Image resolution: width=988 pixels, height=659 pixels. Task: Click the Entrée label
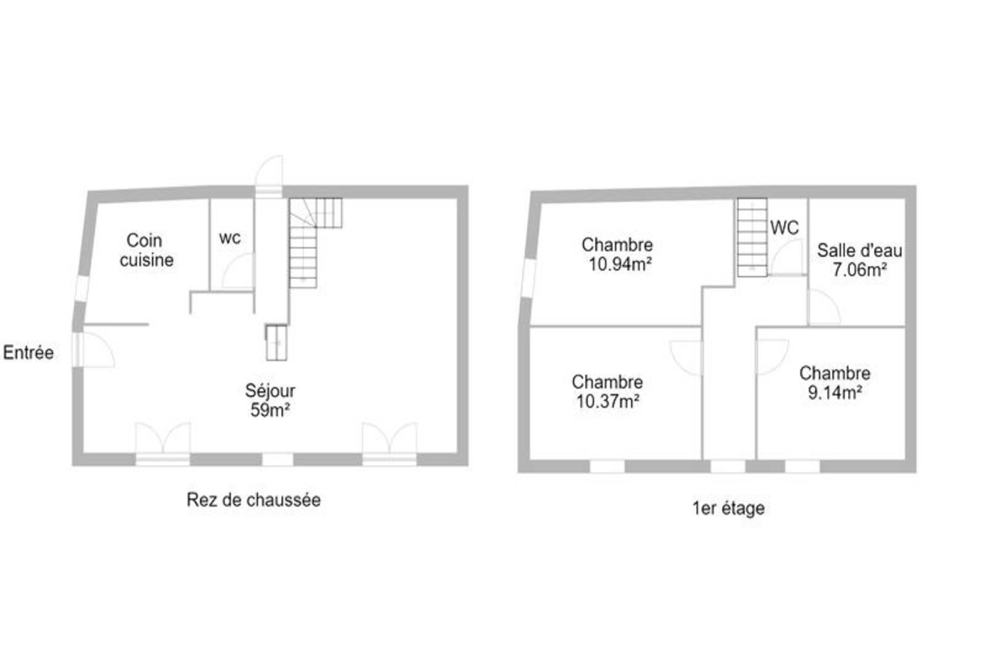point(28,352)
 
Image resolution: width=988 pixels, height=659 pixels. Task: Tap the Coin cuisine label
point(147,250)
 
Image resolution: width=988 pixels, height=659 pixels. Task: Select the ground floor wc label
point(230,238)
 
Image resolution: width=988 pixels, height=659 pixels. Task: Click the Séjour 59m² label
point(270,400)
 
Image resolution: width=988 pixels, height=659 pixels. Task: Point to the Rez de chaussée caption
point(254,500)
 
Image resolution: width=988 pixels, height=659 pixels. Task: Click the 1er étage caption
point(728,508)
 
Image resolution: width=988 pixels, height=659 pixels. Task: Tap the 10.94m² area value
point(620,264)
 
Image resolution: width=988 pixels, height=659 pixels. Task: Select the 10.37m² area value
point(608,401)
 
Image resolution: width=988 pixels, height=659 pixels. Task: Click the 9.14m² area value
point(835,393)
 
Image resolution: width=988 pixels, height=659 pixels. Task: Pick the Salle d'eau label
point(860,251)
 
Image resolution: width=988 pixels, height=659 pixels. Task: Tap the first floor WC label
point(784,228)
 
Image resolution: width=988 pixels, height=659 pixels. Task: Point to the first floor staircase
point(752,237)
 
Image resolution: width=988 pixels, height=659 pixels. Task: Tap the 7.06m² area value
point(860,269)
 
